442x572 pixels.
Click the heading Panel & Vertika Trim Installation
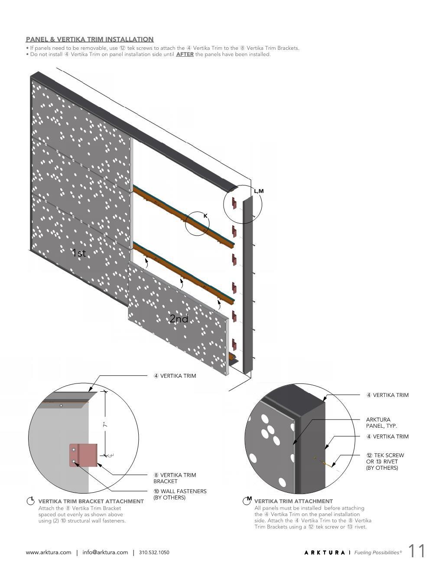[90, 39]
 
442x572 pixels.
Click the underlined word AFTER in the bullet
[185, 55]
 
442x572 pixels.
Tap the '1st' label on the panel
[79, 253]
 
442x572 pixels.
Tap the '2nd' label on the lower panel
[179, 319]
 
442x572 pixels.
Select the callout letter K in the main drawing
[205, 216]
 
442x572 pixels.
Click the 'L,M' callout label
[259, 191]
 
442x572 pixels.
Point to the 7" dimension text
[105, 425]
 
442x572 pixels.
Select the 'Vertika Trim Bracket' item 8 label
[175, 478]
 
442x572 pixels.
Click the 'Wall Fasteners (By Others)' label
[180, 494]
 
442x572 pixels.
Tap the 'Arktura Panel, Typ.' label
[381, 422]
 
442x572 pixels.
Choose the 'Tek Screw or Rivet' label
[385, 461]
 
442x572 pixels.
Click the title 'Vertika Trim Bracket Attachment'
[91, 501]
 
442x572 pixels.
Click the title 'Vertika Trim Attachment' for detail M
[293, 501]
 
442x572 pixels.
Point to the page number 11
[416, 551]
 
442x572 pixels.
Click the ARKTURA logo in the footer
[325, 552]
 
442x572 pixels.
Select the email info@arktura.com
[105, 552]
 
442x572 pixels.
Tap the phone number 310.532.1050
[154, 552]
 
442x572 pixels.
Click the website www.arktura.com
[49, 552]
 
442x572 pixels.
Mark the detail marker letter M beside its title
[249, 499]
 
